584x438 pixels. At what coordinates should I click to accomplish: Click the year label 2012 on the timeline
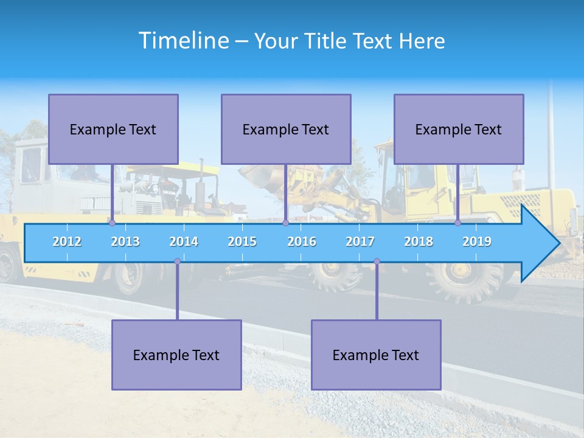click(x=67, y=242)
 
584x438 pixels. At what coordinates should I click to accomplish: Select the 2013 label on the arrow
click(x=125, y=242)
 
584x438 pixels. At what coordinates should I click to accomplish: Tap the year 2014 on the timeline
click(x=184, y=242)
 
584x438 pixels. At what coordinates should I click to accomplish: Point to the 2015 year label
click(x=242, y=242)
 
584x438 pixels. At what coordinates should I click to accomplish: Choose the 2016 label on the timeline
click(x=302, y=242)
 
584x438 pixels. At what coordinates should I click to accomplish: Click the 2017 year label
click(x=360, y=242)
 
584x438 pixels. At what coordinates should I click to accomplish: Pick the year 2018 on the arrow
click(x=419, y=242)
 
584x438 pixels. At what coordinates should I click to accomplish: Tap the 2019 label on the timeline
click(x=477, y=242)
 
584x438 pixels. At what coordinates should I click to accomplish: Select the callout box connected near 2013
click(x=113, y=129)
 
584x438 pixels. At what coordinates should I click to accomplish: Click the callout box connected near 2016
click(x=286, y=129)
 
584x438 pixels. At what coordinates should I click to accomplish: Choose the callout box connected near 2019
click(x=459, y=129)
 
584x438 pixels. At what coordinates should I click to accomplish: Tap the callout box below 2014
click(x=176, y=355)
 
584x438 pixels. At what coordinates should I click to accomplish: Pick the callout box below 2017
click(x=376, y=355)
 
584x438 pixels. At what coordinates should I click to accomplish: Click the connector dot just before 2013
click(x=112, y=223)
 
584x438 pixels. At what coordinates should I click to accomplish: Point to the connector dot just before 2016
click(x=285, y=223)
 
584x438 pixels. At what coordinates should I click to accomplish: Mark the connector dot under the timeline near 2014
click(x=177, y=262)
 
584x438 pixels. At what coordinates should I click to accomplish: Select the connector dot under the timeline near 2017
click(x=377, y=262)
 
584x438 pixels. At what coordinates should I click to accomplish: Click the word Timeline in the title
click(x=183, y=40)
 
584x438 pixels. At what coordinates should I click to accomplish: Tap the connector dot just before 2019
click(x=457, y=223)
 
